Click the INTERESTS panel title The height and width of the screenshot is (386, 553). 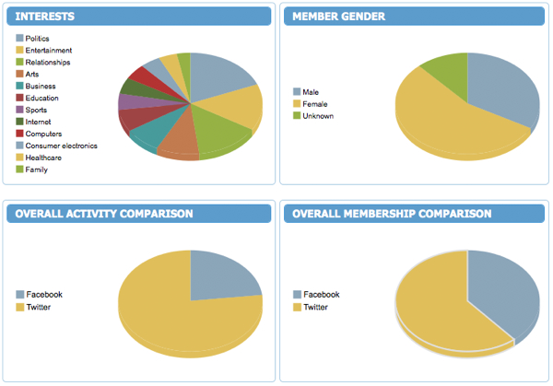pos(45,17)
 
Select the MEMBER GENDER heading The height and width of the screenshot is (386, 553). pos(338,17)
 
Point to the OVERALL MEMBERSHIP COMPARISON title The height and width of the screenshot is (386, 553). pos(392,214)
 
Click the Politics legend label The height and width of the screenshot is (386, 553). pos(38,38)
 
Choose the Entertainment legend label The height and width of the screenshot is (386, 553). pos(50,50)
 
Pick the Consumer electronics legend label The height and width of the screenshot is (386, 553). pos(61,146)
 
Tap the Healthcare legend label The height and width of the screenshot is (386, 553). pos(45,158)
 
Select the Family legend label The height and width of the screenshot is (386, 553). pos(37,170)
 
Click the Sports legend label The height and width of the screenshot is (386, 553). pos(37,110)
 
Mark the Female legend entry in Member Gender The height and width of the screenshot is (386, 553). pos(314,104)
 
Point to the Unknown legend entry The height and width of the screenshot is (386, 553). pos(318,116)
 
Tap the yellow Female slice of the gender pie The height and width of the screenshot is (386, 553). pos(442,124)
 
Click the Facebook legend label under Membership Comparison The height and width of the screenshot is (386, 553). pos(321,295)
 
